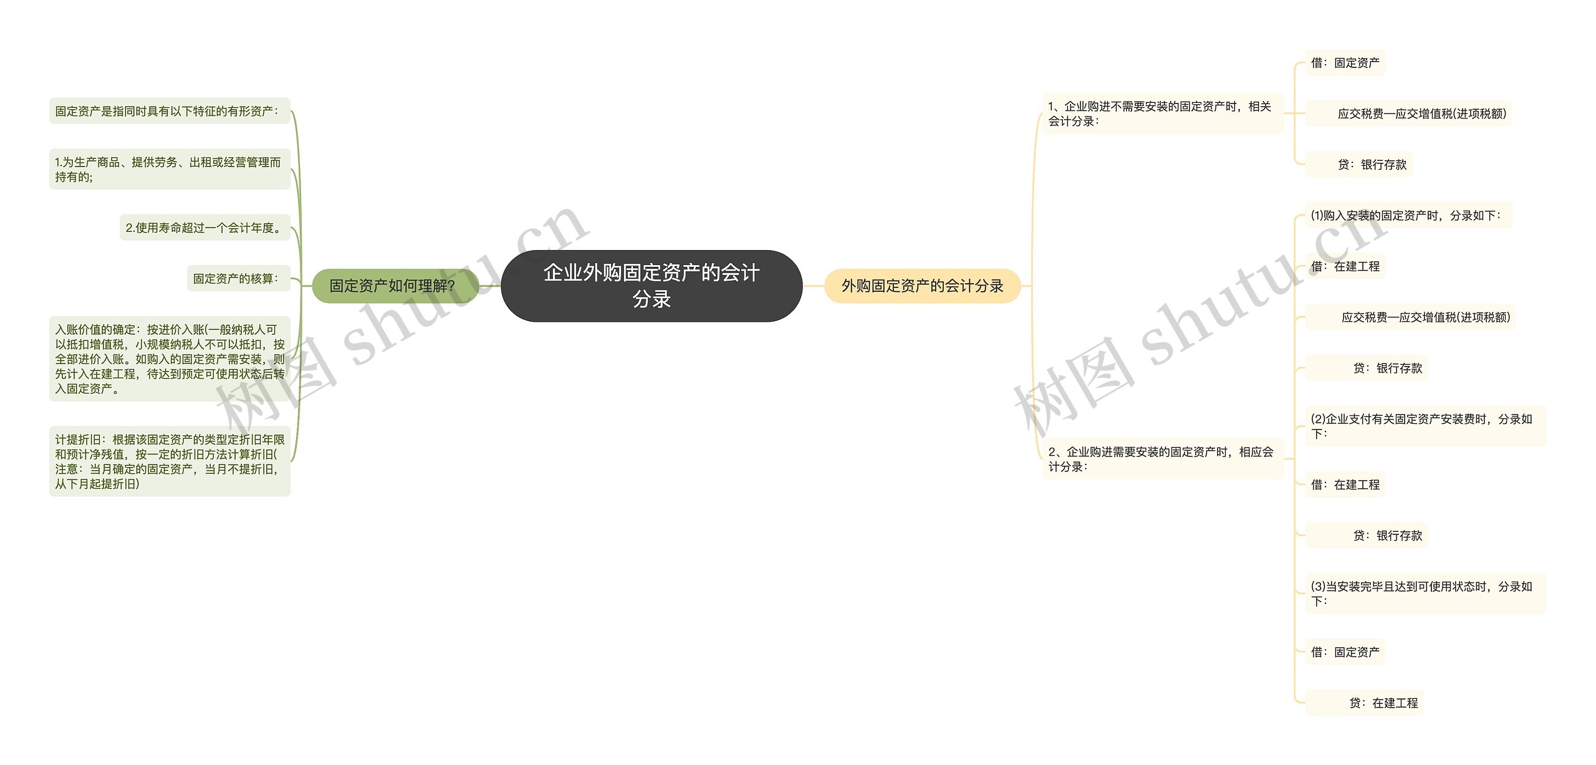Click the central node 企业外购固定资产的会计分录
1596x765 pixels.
pyautogui.click(x=651, y=286)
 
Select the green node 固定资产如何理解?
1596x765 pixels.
pyautogui.click(x=392, y=286)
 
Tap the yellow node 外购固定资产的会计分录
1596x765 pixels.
pyautogui.click(x=922, y=286)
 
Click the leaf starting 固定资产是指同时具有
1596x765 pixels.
pyautogui.click(x=166, y=111)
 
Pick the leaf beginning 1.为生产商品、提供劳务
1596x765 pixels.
pyautogui.click(x=168, y=169)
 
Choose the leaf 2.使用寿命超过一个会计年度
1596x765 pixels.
pyautogui.click(x=203, y=228)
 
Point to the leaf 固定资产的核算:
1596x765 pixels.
pyautogui.click(x=236, y=278)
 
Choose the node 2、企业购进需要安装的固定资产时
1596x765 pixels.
pyautogui.click(x=1161, y=459)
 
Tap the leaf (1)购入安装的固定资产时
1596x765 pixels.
pyautogui.click(x=1406, y=215)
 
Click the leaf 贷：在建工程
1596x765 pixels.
pyautogui.click(x=1383, y=703)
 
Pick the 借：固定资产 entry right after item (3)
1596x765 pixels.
pyautogui.click(x=1345, y=652)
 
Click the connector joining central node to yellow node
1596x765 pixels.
pyautogui.click(x=813, y=286)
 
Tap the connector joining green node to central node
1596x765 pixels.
pyautogui.click(x=490, y=286)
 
